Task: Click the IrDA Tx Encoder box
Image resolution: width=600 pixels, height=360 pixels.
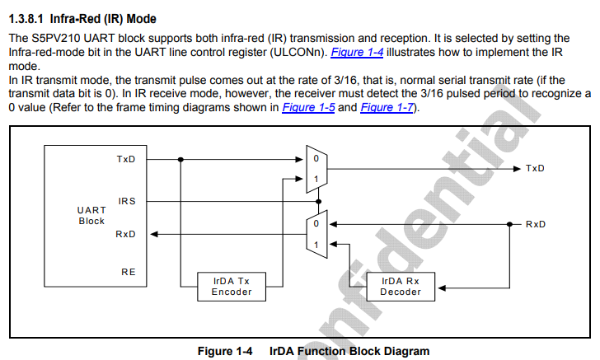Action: click(225, 286)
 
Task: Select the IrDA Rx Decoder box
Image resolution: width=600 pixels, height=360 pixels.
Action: click(401, 286)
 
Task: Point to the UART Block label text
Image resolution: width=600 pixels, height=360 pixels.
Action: click(91, 215)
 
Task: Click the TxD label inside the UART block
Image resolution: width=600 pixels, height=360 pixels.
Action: click(125, 159)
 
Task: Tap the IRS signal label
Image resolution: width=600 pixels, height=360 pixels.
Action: click(126, 201)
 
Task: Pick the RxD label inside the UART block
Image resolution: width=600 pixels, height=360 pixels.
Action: click(125, 234)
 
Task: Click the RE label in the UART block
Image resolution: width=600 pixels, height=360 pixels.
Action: click(129, 271)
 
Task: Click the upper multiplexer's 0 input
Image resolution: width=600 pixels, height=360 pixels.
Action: click(315, 159)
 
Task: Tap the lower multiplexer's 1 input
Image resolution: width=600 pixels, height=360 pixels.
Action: click(315, 244)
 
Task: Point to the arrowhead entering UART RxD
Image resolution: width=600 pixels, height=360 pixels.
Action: click(155, 234)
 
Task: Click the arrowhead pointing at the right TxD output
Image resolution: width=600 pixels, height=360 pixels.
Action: click(515, 168)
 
